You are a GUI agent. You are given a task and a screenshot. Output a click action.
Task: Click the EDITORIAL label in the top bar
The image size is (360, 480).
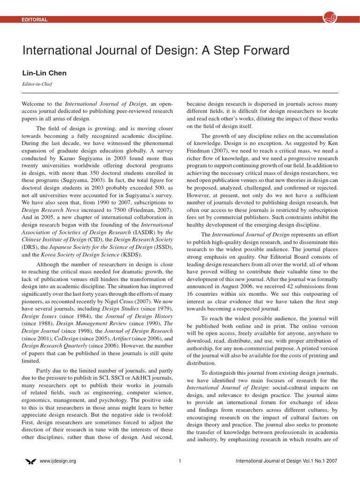(x=35, y=19)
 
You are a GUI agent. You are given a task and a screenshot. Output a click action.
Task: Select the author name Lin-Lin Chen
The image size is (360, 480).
(x=45, y=73)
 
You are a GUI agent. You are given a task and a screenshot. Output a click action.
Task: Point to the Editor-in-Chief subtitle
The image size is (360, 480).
(x=37, y=84)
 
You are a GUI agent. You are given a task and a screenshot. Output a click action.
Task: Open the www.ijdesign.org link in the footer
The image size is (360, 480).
(x=58, y=461)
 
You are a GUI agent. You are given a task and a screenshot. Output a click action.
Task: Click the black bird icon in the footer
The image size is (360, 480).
(x=30, y=461)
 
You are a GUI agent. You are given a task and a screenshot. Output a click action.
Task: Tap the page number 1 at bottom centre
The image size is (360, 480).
(x=180, y=461)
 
